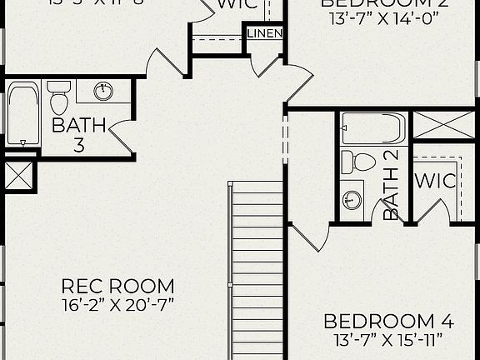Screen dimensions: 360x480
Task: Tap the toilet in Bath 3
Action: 58,98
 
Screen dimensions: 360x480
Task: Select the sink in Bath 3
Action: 104,90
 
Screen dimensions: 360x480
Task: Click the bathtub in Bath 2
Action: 373,128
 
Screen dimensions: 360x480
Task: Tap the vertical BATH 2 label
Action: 391,185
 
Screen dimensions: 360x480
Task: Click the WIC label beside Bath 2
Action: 433,181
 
